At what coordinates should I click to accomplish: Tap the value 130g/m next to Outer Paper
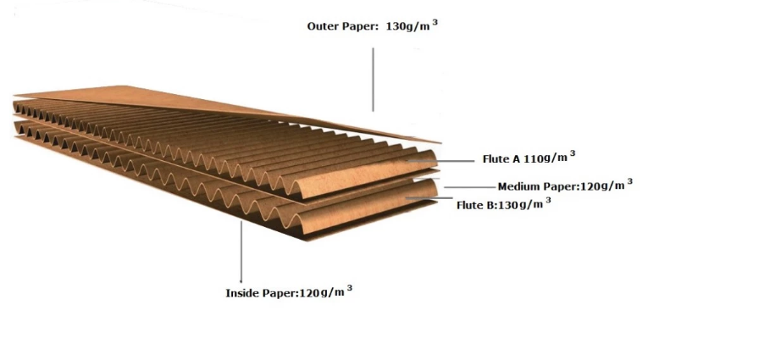pyautogui.click(x=407, y=26)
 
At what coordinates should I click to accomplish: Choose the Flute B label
pyautogui.click(x=478, y=205)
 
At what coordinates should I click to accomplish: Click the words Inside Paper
pyautogui.click(x=261, y=293)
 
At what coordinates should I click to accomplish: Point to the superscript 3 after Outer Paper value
pyautogui.click(x=435, y=22)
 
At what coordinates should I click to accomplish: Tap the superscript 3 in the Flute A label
pyautogui.click(x=573, y=153)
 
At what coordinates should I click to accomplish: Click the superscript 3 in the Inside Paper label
pyautogui.click(x=349, y=288)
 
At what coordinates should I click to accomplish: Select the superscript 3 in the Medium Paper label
pyautogui.click(x=629, y=181)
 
